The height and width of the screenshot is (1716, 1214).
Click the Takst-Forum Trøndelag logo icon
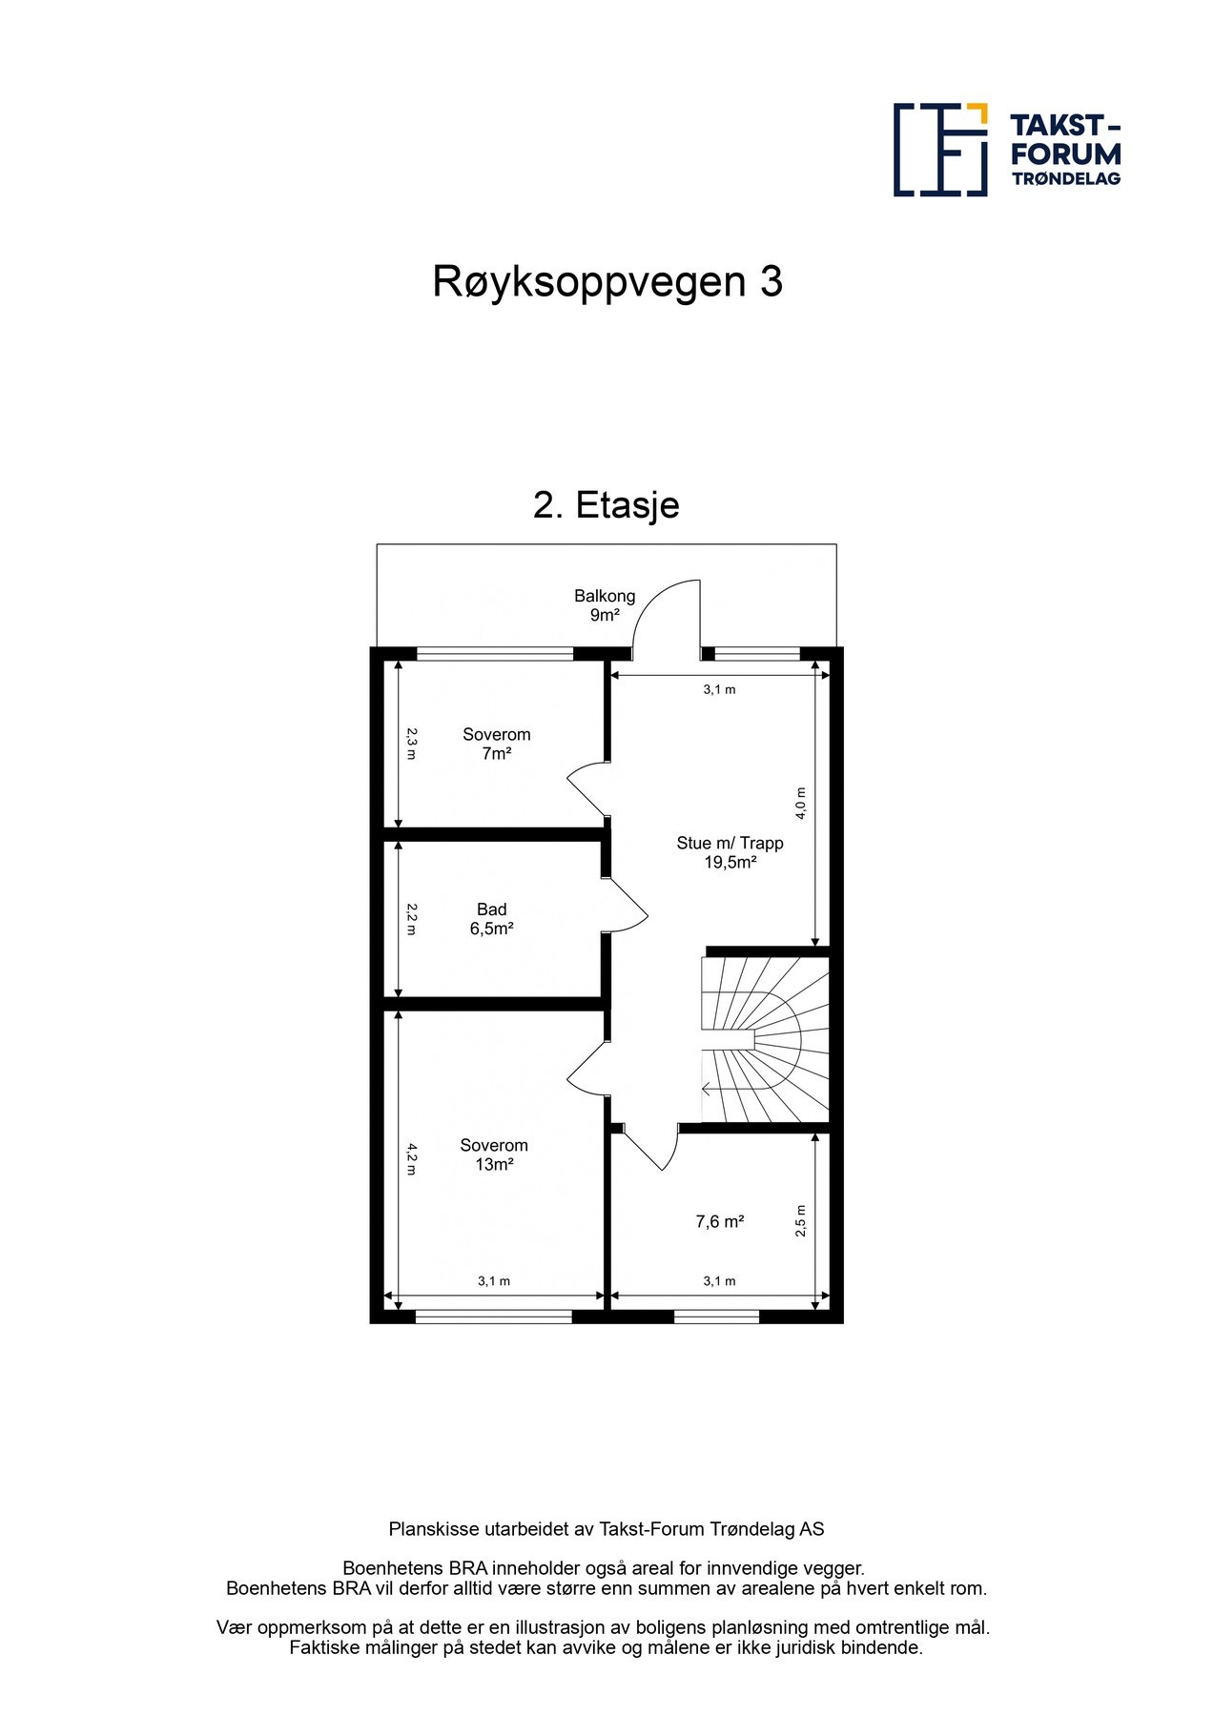[x=939, y=150]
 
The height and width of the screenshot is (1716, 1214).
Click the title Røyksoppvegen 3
[x=607, y=282]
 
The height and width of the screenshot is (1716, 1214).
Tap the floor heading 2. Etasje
[x=606, y=505]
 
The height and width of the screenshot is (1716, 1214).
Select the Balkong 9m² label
[x=604, y=605]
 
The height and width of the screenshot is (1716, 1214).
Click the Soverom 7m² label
[x=496, y=744]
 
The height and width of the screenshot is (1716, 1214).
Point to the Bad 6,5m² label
[x=491, y=919]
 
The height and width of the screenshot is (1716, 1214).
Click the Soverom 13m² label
[x=493, y=1154]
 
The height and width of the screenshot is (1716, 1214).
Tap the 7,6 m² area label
[x=719, y=1221]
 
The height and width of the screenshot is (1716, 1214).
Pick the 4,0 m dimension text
[x=801, y=803]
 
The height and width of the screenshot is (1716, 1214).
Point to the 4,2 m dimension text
[x=411, y=1158]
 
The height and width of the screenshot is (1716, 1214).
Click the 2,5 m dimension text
[x=800, y=1221]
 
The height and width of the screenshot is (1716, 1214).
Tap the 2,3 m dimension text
[x=411, y=744]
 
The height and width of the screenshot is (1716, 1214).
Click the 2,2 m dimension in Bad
[x=411, y=919]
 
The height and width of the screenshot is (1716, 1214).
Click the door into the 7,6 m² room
[x=650, y=1150]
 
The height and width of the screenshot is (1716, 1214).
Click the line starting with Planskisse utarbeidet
[x=606, y=1529]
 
